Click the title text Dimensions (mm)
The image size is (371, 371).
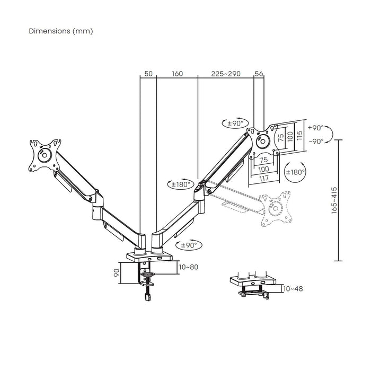(61, 31)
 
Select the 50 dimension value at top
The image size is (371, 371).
(148, 74)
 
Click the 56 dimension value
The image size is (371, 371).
(259, 74)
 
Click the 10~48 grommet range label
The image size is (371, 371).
(293, 289)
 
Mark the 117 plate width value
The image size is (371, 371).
(263, 178)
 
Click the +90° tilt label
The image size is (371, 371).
(316, 128)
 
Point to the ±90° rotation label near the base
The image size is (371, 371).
(189, 245)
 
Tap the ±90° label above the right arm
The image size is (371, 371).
(235, 123)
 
